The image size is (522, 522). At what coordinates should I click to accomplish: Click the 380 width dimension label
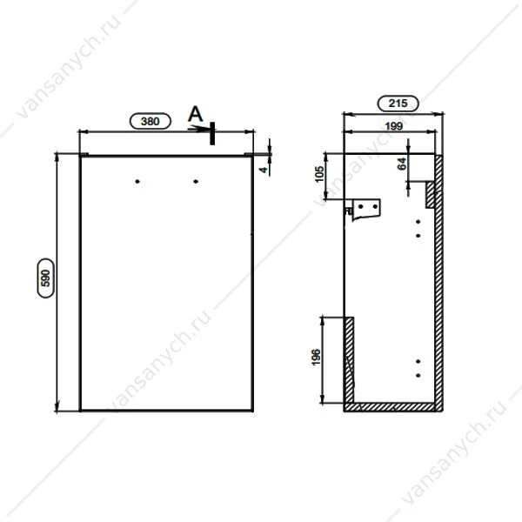pos(151,121)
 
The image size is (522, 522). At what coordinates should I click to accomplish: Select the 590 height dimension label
pos(46,278)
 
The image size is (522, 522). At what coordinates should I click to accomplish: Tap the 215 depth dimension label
pos(398,104)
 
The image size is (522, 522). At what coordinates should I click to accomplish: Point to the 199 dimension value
pos(394,126)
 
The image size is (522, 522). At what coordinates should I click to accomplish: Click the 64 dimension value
pos(402,164)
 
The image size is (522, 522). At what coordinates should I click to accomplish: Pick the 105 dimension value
pos(319,174)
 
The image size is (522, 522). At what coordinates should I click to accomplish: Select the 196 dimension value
pos(316,357)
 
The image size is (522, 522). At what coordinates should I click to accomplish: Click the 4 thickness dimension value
pos(264,170)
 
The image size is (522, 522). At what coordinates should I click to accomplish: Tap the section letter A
pos(196,114)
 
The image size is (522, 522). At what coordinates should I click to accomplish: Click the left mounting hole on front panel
pos(137,182)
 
